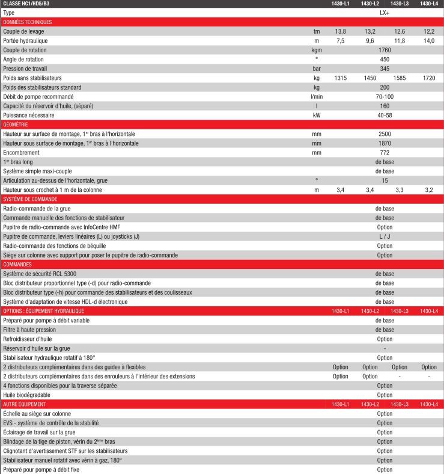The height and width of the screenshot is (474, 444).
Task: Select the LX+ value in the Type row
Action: point(385,13)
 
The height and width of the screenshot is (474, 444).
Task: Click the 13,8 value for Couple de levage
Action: point(341,31)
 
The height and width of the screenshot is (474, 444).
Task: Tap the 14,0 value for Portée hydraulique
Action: point(429,40)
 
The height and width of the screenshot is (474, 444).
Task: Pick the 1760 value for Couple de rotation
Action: point(385,50)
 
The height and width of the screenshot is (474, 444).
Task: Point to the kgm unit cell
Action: point(317,50)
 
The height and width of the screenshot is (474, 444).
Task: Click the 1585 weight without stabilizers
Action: point(400,78)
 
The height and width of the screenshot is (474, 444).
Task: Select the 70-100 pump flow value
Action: point(385,97)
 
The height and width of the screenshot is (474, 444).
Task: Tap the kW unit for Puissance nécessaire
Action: point(317,115)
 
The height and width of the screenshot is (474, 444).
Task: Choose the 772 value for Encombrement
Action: point(385,153)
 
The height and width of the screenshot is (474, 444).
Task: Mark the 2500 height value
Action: point(385,134)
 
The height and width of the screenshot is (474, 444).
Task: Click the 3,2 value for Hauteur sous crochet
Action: point(429,190)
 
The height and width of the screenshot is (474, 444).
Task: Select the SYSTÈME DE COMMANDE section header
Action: point(30,199)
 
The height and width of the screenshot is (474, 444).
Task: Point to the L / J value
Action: point(385,236)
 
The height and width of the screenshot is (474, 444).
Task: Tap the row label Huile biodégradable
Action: point(28,395)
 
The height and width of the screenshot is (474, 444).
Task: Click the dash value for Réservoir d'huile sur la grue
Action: point(385,348)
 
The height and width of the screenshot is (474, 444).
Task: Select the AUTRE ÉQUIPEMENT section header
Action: point(24,404)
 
